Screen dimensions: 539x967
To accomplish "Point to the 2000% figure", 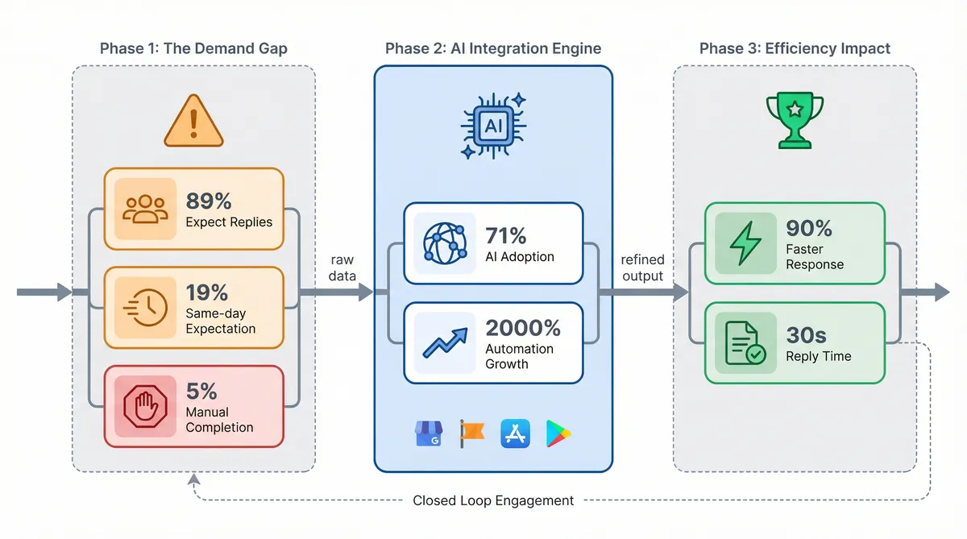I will pyautogui.click(x=523, y=328).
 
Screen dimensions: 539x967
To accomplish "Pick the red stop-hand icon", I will pyautogui.click(x=146, y=405).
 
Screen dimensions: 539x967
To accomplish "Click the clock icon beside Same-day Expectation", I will pyautogui.click(x=146, y=308).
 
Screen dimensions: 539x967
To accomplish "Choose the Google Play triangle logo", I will pyautogui.click(x=558, y=433).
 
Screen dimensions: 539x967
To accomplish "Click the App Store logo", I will pyautogui.click(x=514, y=433).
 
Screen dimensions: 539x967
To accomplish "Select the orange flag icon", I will pyautogui.click(x=471, y=433).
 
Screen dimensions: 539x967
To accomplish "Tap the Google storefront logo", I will pyautogui.click(x=430, y=433).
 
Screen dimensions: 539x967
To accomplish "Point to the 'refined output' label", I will pyautogui.click(x=642, y=267).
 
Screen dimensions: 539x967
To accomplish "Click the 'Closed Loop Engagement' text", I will pyautogui.click(x=493, y=500).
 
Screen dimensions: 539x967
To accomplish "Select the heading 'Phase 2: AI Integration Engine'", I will pyautogui.click(x=493, y=48).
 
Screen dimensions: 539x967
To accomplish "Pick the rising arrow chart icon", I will pyautogui.click(x=444, y=342).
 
